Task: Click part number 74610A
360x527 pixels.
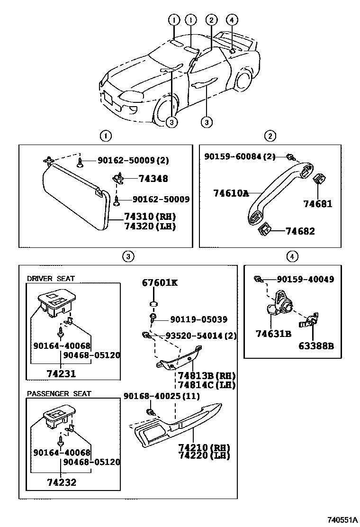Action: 231,193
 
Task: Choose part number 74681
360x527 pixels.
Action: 318,204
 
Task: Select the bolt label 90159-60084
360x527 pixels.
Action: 240,156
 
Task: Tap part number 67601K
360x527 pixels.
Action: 160,283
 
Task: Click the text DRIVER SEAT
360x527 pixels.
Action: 51,279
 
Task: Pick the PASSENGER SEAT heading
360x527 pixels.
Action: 59,394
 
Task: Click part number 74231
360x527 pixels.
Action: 62,373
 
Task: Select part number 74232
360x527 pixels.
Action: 62,483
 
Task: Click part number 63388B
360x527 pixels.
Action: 316,346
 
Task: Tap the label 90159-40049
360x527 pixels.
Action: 306,279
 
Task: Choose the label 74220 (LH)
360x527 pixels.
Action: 204,455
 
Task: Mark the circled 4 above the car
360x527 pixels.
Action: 231,20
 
